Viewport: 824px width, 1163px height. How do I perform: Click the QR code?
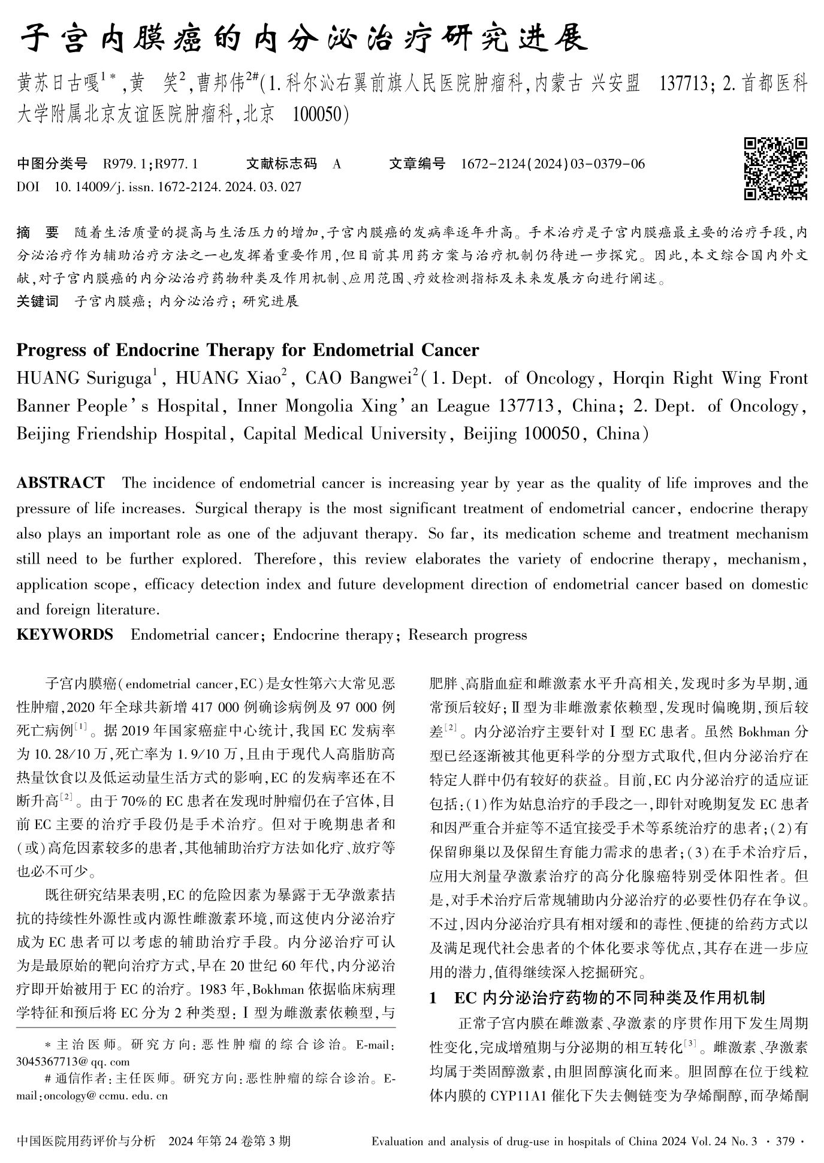click(x=775, y=168)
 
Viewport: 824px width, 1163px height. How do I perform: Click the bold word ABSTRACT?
click(x=61, y=483)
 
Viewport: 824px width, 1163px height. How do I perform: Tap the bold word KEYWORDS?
click(x=65, y=634)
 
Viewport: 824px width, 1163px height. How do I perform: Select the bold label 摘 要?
click(x=38, y=232)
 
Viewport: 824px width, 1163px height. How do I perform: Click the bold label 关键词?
click(x=38, y=301)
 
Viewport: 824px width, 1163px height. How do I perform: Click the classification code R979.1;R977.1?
click(x=150, y=164)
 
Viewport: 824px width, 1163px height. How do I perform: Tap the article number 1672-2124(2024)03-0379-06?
click(x=553, y=164)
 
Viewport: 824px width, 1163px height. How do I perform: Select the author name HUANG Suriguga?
click(x=84, y=378)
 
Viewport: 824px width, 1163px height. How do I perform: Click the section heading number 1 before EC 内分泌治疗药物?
click(x=433, y=998)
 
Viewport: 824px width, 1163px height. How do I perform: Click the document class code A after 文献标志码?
click(x=336, y=164)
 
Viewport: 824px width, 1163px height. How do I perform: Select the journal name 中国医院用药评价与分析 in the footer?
click(x=86, y=1141)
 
